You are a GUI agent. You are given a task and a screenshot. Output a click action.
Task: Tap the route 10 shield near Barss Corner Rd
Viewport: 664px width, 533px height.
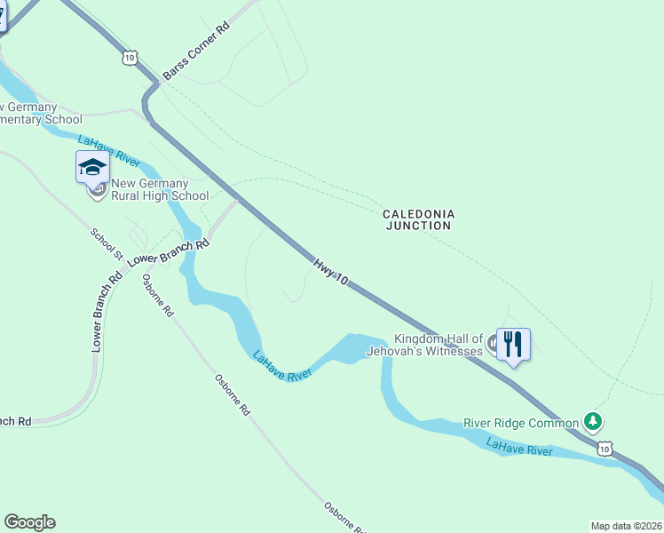[130, 57]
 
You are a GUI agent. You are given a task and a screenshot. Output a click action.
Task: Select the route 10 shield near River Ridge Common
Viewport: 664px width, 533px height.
[605, 449]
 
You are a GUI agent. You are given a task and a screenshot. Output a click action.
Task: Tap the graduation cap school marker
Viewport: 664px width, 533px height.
[93, 166]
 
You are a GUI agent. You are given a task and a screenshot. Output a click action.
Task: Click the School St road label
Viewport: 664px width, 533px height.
[107, 243]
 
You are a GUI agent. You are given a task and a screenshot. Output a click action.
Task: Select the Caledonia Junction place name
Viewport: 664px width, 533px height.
[418, 219]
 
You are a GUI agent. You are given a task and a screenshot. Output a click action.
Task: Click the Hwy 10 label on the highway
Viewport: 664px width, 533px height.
[330, 272]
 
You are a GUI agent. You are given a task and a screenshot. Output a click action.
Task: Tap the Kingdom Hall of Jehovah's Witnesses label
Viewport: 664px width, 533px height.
[439, 345]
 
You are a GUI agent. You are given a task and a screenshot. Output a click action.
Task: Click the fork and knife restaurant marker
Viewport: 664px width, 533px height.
[513, 343]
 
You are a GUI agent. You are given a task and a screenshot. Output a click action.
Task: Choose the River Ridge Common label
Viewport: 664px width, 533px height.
[521, 423]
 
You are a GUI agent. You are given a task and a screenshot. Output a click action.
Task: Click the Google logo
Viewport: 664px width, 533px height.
[29, 522]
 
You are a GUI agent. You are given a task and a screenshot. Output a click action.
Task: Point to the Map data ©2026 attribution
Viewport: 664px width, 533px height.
[626, 526]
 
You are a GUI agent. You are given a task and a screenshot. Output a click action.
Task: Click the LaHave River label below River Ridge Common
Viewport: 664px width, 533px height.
[519, 447]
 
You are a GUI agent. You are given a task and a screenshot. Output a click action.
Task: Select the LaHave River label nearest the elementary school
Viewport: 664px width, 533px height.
[108, 151]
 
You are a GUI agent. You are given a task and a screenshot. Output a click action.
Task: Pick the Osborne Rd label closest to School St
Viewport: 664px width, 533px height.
[158, 296]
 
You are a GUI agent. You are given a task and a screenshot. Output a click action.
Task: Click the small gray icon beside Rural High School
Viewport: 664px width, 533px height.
[99, 189]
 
